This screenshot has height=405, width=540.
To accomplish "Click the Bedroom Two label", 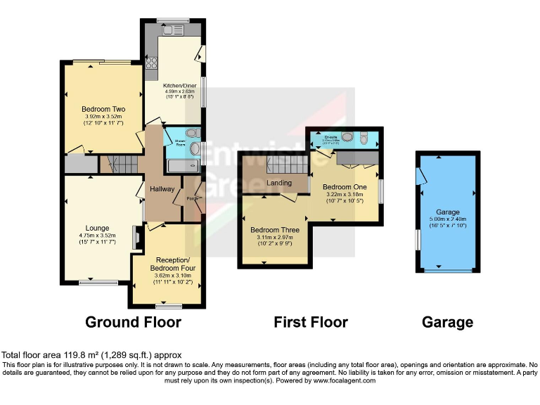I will click(x=103, y=109).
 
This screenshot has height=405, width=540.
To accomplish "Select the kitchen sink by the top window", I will click(x=172, y=30).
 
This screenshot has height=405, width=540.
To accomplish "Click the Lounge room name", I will click(x=97, y=228).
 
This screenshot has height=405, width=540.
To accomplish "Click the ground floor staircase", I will click(x=120, y=165).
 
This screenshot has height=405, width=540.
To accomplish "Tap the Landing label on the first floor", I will click(x=279, y=184).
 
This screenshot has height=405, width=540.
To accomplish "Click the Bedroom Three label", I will click(x=275, y=230).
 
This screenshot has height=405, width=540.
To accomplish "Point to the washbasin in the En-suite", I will click(x=347, y=137).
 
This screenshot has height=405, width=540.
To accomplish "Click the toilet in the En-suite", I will click(x=363, y=139).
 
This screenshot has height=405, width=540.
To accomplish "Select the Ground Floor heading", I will click(x=133, y=323).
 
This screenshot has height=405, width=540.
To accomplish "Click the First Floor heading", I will click(x=310, y=323).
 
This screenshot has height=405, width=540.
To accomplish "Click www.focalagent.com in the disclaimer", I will click(x=341, y=380).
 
